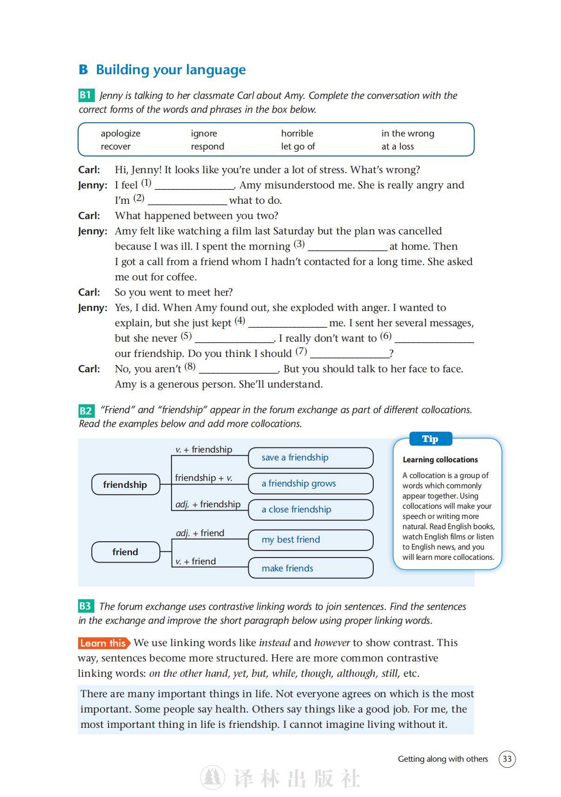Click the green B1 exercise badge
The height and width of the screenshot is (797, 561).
click(x=86, y=95)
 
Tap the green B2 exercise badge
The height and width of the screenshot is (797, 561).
click(x=86, y=410)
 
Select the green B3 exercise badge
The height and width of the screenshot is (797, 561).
click(x=86, y=606)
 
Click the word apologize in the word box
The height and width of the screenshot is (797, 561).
click(x=120, y=134)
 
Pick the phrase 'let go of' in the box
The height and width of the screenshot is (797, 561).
click(x=298, y=147)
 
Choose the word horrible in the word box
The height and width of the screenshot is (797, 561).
click(x=297, y=134)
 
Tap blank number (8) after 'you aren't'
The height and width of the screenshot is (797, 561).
click(x=238, y=370)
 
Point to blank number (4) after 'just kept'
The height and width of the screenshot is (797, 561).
click(x=288, y=324)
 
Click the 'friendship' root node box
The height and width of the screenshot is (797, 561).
click(x=125, y=485)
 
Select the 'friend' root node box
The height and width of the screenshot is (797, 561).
click(x=125, y=552)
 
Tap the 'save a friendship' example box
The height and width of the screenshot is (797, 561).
click(x=310, y=458)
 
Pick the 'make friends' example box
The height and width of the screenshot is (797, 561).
click(x=310, y=568)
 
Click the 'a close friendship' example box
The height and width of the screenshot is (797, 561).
click(x=310, y=510)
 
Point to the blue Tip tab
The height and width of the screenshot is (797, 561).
click(x=430, y=439)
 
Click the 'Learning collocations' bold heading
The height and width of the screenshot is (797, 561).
click(x=440, y=460)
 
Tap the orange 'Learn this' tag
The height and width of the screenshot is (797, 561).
click(x=104, y=643)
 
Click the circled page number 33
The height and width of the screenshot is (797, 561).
click(x=507, y=759)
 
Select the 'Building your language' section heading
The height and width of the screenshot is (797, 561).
click(x=171, y=70)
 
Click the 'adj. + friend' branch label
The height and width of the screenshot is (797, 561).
click(x=200, y=533)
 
